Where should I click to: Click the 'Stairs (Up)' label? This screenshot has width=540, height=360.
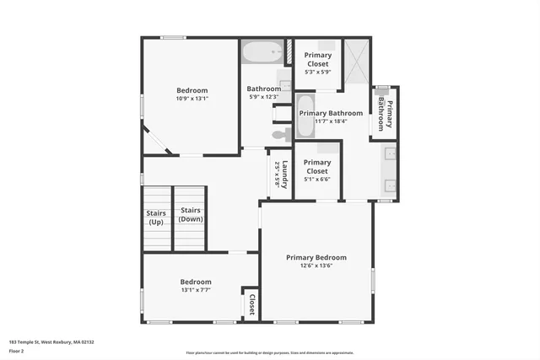pyautogui.click(x=156, y=218)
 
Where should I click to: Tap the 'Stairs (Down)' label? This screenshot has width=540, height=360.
pyautogui.click(x=191, y=214)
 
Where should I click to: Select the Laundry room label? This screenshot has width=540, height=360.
pyautogui.click(x=281, y=175)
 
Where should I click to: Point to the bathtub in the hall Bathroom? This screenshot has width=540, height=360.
pyautogui.click(x=263, y=53)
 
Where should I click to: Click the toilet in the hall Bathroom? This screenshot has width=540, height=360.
pyautogui.click(x=280, y=134)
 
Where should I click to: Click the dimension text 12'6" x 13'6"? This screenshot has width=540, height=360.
pyautogui.click(x=316, y=266)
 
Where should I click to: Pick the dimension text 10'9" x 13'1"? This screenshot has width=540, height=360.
pyautogui.click(x=192, y=98)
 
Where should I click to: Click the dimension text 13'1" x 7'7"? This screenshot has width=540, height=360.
pyautogui.click(x=195, y=289)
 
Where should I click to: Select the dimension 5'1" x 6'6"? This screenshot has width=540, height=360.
pyautogui.click(x=316, y=179)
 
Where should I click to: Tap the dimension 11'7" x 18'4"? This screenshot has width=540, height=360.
pyautogui.click(x=331, y=121)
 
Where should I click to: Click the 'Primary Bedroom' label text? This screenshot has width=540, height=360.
pyautogui.click(x=316, y=257)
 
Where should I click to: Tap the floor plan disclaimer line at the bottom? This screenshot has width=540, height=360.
pyautogui.click(x=270, y=352)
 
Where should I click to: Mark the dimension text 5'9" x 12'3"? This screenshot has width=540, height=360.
pyautogui.click(x=263, y=97)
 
